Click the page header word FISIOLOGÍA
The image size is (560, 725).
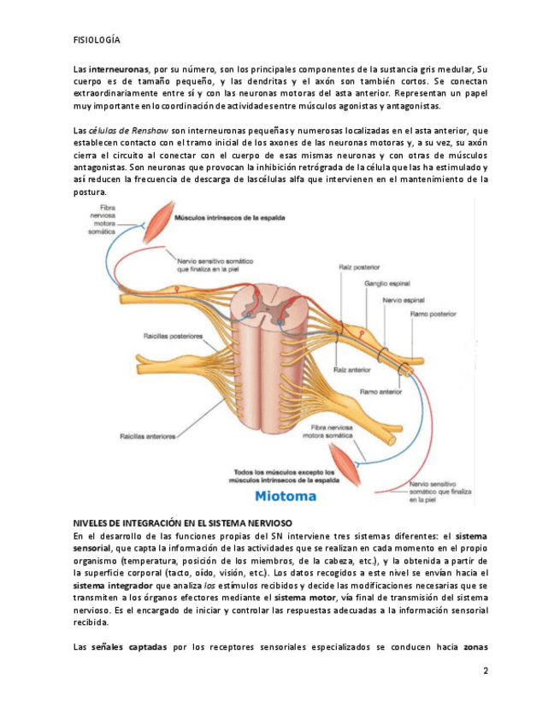pos(97,39)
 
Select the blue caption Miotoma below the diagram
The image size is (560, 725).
pos(286,496)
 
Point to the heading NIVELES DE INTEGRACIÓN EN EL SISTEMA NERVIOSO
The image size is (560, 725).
pos(183,522)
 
